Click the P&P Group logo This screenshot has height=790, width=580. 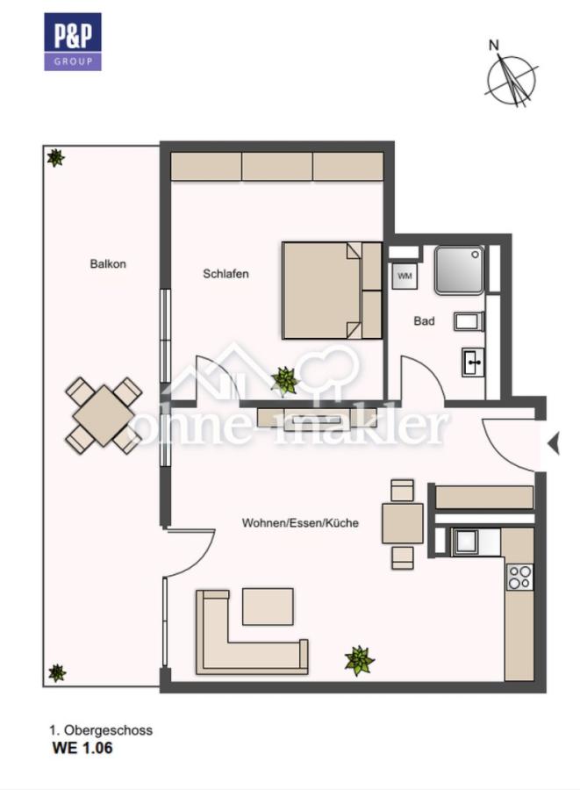(x=73, y=42)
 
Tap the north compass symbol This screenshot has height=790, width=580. (x=510, y=76)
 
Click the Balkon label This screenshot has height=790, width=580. (x=108, y=263)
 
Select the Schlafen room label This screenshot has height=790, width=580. (x=226, y=274)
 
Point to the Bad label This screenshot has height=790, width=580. (x=424, y=320)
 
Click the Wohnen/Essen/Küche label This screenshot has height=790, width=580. (x=300, y=522)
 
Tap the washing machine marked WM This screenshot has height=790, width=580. (x=405, y=276)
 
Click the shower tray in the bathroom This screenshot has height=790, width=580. (x=459, y=270)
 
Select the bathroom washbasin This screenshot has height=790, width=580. (x=473, y=362)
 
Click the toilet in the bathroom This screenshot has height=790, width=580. (x=469, y=321)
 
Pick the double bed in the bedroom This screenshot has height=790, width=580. (x=332, y=291)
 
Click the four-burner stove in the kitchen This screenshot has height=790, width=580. (x=519, y=578)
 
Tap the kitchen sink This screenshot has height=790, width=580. (x=466, y=541)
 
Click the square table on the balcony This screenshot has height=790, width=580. (x=104, y=416)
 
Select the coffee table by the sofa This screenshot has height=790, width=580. (x=268, y=606)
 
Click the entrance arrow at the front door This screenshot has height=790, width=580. (x=554, y=444)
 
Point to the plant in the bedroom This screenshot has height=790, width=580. (x=285, y=380)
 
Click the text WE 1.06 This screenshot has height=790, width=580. (x=82, y=748)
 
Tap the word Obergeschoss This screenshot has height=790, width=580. (x=108, y=730)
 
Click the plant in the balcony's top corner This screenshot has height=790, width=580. (x=55, y=158)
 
